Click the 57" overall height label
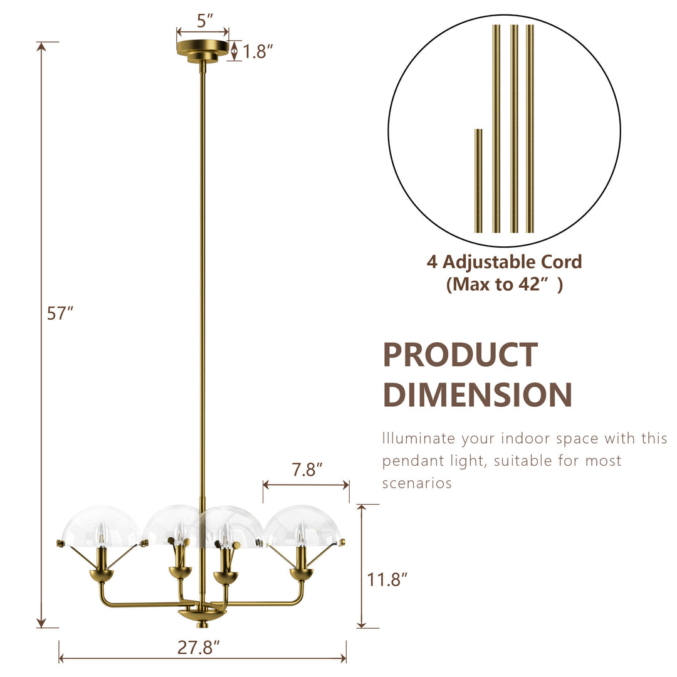point(60,313)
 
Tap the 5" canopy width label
point(202,20)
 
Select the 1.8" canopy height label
point(258,51)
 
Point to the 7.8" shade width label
point(307,470)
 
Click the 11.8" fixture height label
point(387,579)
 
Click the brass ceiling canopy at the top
point(202,50)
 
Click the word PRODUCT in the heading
point(460,355)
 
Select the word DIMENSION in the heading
point(477,395)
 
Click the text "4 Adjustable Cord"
point(504,261)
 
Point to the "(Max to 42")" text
point(504,285)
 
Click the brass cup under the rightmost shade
point(301,574)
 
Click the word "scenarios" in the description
point(417,483)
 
